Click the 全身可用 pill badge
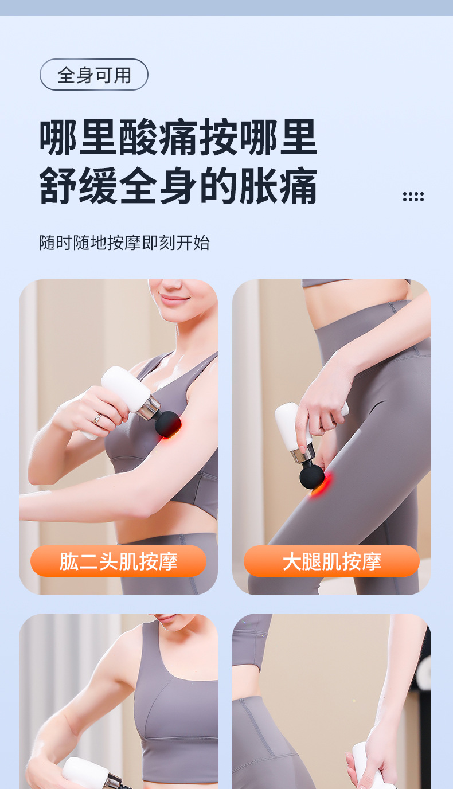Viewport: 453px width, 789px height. (x=94, y=75)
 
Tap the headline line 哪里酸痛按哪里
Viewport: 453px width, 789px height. (x=178, y=138)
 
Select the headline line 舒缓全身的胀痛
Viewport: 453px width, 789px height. (x=178, y=186)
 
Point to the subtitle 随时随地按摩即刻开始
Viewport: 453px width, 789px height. (x=124, y=243)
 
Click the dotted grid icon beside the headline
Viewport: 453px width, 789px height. (x=413, y=197)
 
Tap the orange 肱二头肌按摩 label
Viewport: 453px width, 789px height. (x=118, y=561)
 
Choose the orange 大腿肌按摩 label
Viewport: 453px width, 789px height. (x=331, y=561)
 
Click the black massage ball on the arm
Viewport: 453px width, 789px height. (x=168, y=424)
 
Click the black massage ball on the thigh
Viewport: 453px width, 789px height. (x=312, y=476)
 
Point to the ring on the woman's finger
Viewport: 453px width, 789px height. (x=97, y=419)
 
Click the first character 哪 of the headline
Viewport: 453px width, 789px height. (x=58, y=138)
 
